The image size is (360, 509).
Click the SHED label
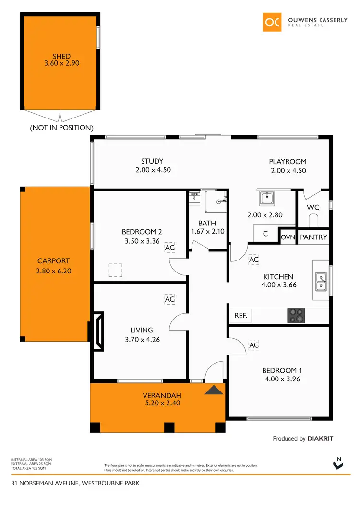[61, 57]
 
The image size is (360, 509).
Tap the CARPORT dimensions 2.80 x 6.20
[53, 271]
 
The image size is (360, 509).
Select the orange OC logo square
[272, 22]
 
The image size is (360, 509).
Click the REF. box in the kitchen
[240, 316]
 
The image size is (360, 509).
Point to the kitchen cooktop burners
[296, 315]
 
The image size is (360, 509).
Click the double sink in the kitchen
[321, 281]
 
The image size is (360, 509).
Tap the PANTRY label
[313, 237]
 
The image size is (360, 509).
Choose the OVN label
[288, 237]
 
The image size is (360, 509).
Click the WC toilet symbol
[313, 220]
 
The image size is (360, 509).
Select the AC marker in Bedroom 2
[169, 248]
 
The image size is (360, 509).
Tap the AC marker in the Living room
[169, 299]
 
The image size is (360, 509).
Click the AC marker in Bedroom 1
[254, 345]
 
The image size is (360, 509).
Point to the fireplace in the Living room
[97, 331]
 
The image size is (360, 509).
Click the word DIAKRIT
[321, 438]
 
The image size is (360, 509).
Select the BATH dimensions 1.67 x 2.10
[207, 231]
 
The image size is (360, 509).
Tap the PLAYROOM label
[288, 162]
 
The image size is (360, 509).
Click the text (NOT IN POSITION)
[61, 128]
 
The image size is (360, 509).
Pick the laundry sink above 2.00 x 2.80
[265, 197]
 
